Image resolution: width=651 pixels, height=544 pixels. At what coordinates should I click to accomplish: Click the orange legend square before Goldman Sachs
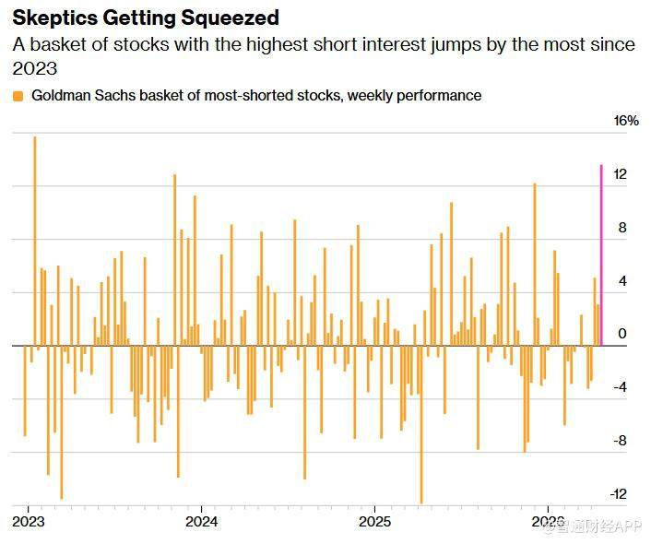(18, 96)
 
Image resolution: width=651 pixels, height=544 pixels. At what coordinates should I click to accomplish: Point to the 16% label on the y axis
(626, 122)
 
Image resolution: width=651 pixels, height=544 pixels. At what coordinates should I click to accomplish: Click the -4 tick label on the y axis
(619, 387)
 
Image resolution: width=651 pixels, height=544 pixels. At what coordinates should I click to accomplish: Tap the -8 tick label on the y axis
(619, 441)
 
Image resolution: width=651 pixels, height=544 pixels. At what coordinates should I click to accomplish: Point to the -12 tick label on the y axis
(619, 494)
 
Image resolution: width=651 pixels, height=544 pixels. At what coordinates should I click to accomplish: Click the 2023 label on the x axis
(29, 522)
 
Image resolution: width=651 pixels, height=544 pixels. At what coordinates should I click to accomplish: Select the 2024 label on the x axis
(201, 522)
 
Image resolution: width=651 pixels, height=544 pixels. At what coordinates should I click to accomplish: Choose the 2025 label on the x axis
(374, 522)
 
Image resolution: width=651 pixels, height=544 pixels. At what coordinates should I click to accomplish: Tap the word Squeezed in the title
(233, 18)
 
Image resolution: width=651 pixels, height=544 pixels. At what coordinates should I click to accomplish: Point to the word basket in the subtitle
(65, 44)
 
